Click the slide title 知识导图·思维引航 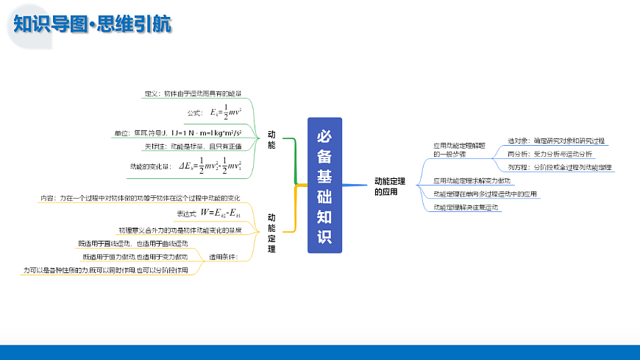pos(93,24)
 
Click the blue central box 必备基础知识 pos(324,186)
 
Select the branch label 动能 pos(271,140)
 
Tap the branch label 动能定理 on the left pos(271,233)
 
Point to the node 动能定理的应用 pos(390,186)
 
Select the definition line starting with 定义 pos(193,93)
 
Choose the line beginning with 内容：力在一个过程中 pos(140,198)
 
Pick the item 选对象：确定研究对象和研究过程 pos(556,140)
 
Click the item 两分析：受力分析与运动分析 pos(550,154)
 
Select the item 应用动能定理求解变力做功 pos(472,180)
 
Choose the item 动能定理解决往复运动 pos(466,208)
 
